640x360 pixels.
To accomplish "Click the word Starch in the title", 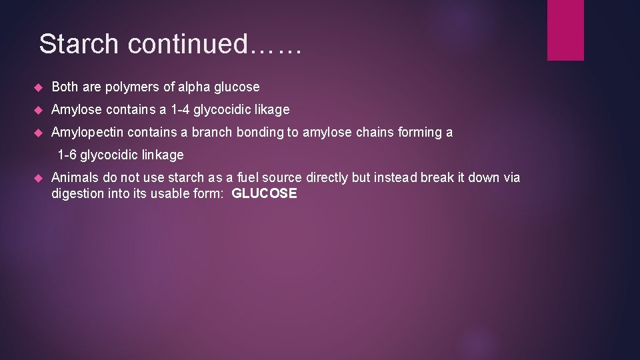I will (79, 44).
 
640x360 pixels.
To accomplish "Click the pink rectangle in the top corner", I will (565, 30).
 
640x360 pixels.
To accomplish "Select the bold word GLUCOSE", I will (264, 194).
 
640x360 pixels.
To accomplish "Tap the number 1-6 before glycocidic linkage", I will (67, 155).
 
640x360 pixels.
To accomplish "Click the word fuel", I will (248, 177).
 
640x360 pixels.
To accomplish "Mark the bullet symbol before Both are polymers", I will (38, 87).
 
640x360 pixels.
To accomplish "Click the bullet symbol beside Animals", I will (38, 178).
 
